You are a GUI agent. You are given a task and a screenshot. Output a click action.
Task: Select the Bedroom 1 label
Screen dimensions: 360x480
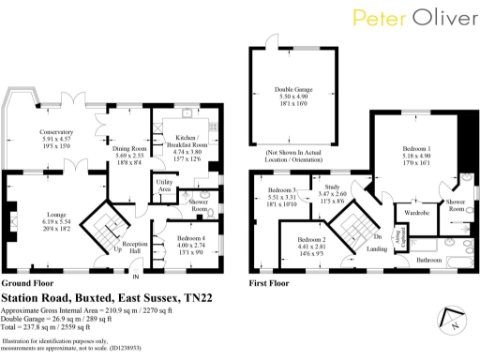click(416, 149)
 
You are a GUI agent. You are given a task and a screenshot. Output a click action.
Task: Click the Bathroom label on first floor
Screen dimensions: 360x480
click(428, 258)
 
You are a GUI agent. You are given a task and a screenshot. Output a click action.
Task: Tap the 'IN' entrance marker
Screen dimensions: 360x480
click(135, 277)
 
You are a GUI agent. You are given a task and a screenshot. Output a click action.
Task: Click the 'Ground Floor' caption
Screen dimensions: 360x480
click(26, 282)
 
